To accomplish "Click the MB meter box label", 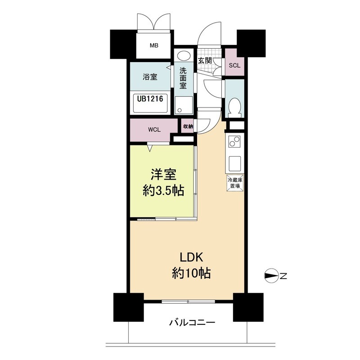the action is pos(154,45).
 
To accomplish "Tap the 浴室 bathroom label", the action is pos(150,76).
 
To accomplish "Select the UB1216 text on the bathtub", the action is pos(150,99).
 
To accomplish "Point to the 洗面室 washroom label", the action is pos(183,78).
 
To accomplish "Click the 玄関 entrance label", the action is pos(205,61).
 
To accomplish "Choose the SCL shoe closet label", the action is pos(234,65).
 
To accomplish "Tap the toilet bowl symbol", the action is pos(234,108).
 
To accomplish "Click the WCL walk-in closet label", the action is pos(154,130).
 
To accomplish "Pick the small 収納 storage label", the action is pos(188,126).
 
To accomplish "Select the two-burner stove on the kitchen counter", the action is pos(234,141).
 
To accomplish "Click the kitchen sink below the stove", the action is pos(234,163).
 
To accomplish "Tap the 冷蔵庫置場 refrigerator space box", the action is pos(235,183).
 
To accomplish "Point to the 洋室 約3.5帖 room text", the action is pos(163,183).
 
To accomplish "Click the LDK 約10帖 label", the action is pos(191,265).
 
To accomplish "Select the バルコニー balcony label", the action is pos(192,323).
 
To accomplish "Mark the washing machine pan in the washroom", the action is pos(184,105).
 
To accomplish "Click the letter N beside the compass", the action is pos(283,276).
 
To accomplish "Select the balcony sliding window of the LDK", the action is pos(188,301).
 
